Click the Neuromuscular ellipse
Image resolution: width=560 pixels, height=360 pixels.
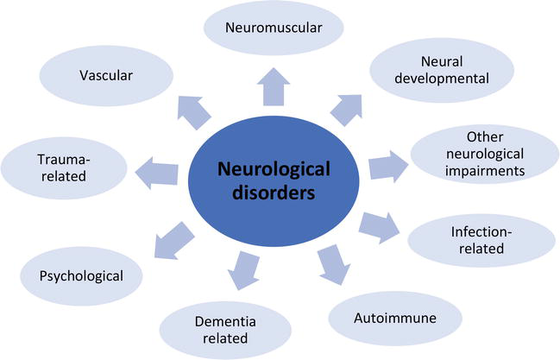coord(274,28)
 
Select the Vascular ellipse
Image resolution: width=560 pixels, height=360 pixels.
coord(106,75)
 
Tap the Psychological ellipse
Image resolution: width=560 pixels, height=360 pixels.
coord(81,276)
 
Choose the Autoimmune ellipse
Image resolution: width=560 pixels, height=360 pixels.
coord(395,319)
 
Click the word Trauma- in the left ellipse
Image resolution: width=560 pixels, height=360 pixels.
coord(64,160)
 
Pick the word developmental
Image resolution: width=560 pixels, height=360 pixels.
coord(442,79)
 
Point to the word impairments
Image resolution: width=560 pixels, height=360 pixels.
coord(485,171)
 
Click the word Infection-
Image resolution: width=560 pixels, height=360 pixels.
coord(481,232)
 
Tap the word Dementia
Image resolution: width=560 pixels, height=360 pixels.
coord(225,322)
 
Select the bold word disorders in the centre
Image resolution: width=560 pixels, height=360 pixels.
coord(274,193)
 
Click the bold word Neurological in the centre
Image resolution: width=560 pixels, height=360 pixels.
coord(274,169)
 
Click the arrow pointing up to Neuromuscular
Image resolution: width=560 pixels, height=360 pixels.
coord(274,87)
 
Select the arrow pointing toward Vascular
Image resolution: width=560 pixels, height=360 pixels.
coord(194,112)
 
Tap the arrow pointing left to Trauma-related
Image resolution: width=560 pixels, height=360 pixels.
coord(157,174)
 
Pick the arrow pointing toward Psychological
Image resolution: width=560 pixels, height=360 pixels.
coord(173,241)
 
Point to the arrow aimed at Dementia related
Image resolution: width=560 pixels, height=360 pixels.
coord(242,270)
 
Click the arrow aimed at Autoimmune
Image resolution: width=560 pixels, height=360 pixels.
coord(334,265)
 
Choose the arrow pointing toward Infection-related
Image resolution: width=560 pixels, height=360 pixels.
coord(380,228)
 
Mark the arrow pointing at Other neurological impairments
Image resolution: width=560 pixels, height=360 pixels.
coord(388,167)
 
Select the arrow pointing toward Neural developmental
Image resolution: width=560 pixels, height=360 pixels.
coord(347,110)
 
